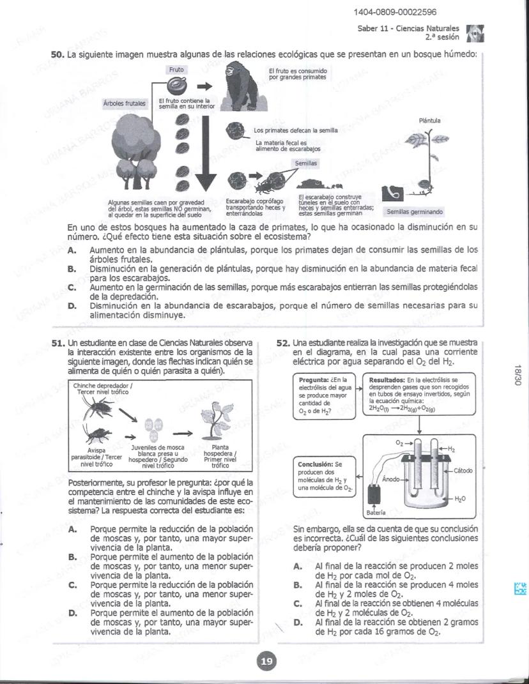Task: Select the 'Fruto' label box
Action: [176, 69]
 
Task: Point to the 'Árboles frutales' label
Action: [124, 103]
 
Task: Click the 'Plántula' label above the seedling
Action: [429, 120]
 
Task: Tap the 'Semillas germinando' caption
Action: [415, 211]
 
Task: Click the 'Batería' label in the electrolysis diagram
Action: [374, 512]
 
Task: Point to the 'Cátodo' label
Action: [462, 471]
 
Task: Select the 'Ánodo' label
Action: [391, 479]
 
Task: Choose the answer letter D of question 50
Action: [72, 306]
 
